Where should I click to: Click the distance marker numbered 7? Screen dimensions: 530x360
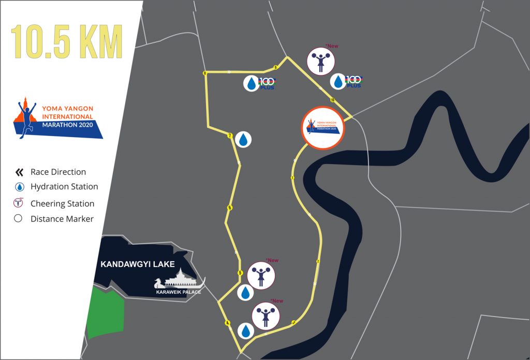tap(229, 136)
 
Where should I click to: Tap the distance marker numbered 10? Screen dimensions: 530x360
tap(332, 100)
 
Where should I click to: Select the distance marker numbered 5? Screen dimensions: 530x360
tap(240, 273)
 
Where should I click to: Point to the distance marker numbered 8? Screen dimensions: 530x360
tap(205, 73)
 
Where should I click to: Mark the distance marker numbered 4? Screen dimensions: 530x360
tap(227, 323)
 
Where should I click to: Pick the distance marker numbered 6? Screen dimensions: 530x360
tap(229, 208)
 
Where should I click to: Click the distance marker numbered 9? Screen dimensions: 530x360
tap(276, 67)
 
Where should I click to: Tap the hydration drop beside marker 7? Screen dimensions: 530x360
tap(243, 139)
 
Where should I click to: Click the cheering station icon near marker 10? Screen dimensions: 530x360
tap(321, 62)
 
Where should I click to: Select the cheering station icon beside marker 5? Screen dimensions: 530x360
tap(261, 276)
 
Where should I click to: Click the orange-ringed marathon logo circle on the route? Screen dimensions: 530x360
tap(322, 128)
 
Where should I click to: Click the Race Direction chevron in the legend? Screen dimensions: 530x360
tap(19, 172)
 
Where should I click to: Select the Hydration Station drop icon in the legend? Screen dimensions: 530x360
tap(19, 187)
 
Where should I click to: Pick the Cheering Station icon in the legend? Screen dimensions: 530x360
tap(19, 203)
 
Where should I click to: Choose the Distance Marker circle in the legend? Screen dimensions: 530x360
tap(19, 219)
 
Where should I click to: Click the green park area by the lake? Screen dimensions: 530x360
tap(106, 313)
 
